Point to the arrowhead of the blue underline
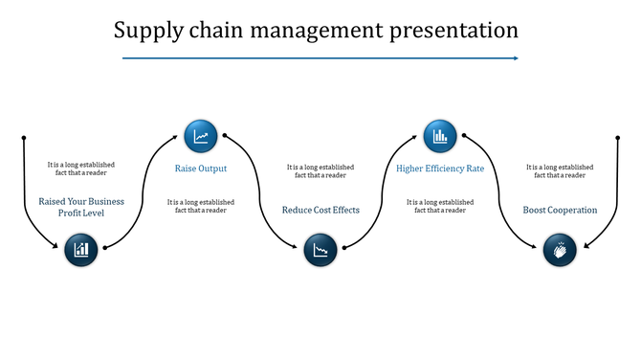[515, 58]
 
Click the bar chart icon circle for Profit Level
[81, 250]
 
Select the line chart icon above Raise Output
[201, 136]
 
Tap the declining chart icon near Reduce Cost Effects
[320, 250]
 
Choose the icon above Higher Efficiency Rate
[440, 136]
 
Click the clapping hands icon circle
[560, 250]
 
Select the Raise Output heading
[201, 169]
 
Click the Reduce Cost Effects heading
[320, 210]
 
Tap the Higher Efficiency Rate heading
[440, 169]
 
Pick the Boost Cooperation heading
[560, 210]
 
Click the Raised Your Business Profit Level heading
[81, 207]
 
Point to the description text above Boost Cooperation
[560, 171]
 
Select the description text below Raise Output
[201, 206]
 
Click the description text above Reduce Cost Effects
[320, 171]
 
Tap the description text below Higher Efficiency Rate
[440, 206]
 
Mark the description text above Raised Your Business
[81, 169]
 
